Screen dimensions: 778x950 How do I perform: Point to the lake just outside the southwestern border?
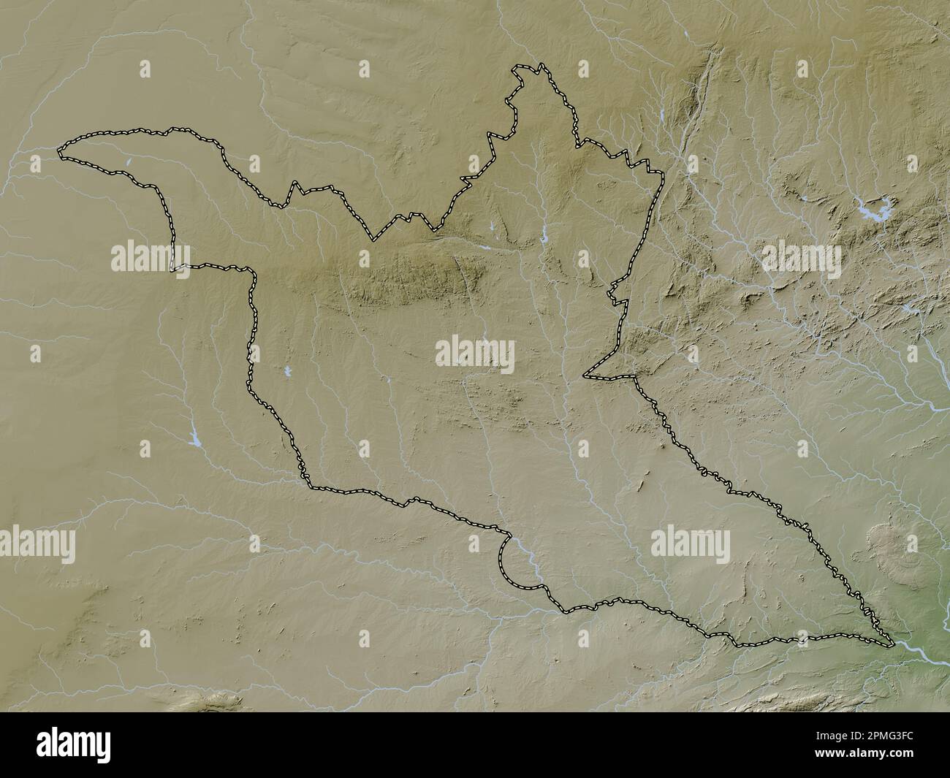[194, 441]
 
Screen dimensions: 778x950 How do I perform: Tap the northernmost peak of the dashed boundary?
[541, 66]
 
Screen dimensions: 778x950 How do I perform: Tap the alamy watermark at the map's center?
[474, 355]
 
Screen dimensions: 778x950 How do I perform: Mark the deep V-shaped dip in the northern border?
[375, 237]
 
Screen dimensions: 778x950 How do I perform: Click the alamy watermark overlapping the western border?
[151, 257]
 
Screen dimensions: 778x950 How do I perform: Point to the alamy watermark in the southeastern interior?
[690, 543]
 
